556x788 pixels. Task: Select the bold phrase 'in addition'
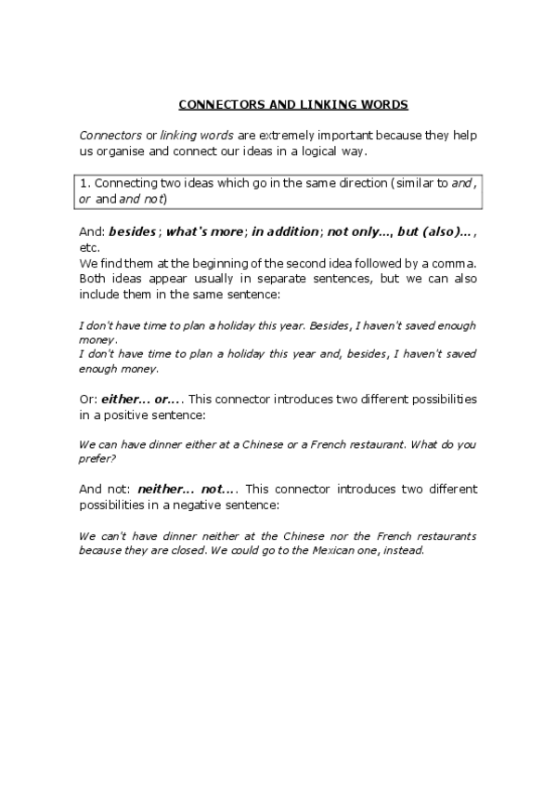(x=287, y=233)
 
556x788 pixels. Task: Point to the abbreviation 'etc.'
(x=89, y=248)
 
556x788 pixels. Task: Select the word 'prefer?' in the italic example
(x=97, y=458)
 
